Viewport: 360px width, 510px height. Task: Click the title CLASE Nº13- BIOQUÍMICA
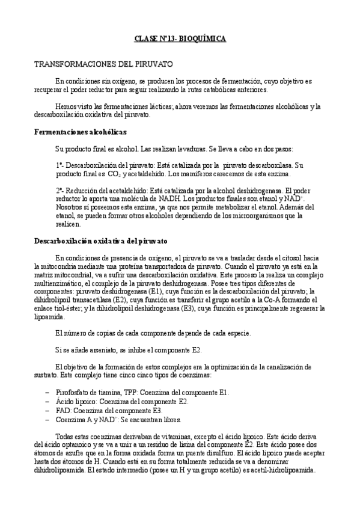point(180,38)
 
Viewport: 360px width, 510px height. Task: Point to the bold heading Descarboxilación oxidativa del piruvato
point(100,241)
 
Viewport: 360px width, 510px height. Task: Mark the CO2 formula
point(114,174)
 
